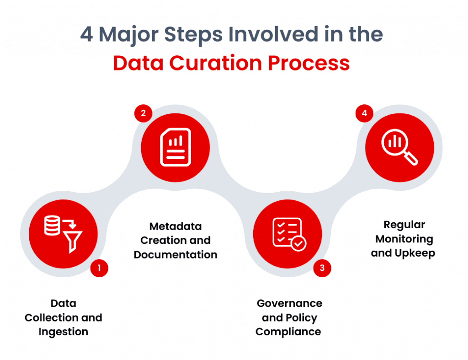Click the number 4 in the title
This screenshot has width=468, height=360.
click(87, 35)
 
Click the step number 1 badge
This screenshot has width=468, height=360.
click(99, 268)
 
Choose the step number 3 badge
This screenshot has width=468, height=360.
click(322, 268)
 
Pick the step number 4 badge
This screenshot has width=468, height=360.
click(364, 113)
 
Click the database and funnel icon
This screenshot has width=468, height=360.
click(63, 234)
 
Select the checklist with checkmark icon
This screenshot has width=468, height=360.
click(288, 234)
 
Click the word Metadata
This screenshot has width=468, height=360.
click(175, 226)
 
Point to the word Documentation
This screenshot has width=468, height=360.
click(175, 255)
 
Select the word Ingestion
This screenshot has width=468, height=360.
click(63, 332)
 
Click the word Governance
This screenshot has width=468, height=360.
click(289, 303)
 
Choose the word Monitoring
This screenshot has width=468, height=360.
click(404, 239)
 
